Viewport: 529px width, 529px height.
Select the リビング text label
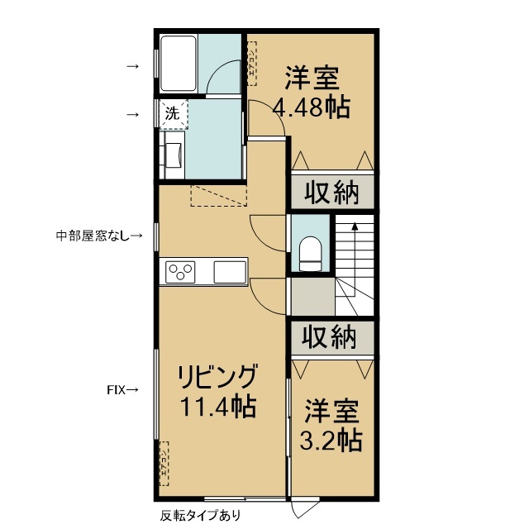pyautogui.click(x=218, y=377)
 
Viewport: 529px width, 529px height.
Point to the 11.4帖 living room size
pyautogui.click(x=218, y=407)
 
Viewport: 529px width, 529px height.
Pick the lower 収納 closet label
pyautogui.click(x=330, y=337)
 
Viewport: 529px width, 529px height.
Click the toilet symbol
pyautogui.click(x=311, y=252)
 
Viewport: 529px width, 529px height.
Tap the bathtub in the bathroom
pyautogui.click(x=178, y=64)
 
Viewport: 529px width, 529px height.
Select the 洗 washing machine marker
pyautogui.click(x=172, y=114)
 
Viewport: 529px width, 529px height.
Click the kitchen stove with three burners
pyautogui.click(x=182, y=271)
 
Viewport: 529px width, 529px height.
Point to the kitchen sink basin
pyautogui.click(x=229, y=271)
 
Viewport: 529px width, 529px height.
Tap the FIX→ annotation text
pyautogui.click(x=122, y=388)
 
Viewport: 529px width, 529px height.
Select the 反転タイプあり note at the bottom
pyautogui.click(x=197, y=516)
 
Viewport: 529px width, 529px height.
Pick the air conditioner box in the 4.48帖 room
pyautogui.click(x=251, y=64)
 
